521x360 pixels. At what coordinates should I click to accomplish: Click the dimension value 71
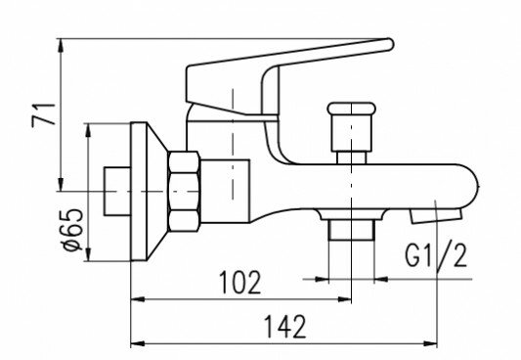coord(44,115)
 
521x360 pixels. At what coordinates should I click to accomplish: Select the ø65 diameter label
coord(72,230)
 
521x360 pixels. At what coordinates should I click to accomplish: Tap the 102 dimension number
coord(239,282)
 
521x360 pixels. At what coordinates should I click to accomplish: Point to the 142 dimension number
coord(284,327)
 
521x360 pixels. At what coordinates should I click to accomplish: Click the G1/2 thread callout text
coord(436,255)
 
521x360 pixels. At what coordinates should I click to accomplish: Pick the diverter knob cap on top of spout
coord(352,109)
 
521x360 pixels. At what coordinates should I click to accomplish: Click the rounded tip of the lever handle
coord(389,44)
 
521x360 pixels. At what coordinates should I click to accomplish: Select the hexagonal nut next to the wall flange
coord(184,191)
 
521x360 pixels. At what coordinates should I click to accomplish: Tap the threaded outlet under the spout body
coord(351,229)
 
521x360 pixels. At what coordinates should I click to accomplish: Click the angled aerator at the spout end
coord(436,216)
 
